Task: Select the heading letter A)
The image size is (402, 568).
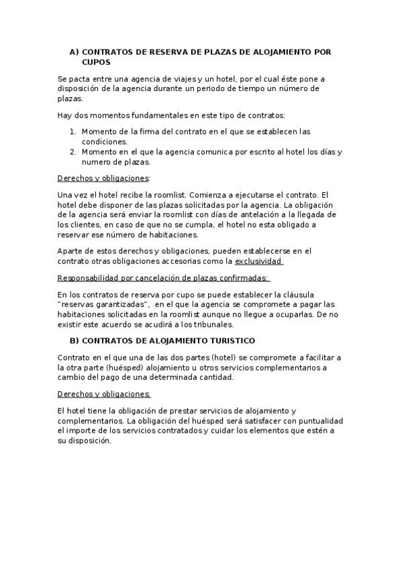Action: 74,52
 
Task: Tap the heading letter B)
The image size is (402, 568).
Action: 74,341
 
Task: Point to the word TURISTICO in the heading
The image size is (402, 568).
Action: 228,341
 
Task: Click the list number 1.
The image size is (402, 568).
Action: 72,131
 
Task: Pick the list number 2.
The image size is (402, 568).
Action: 72,151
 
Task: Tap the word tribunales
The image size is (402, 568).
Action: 211,324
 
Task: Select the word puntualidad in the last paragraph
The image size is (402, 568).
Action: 317,420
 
